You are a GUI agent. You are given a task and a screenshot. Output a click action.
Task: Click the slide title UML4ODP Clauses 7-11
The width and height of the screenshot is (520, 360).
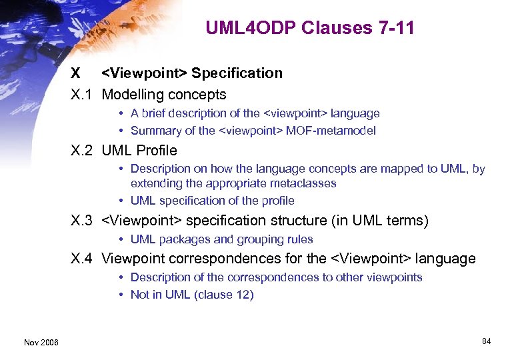coord(309,28)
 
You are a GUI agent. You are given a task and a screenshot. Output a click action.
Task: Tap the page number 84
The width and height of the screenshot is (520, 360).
coord(486,341)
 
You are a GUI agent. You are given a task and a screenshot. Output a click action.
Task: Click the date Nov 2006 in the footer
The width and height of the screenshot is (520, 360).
coord(41,342)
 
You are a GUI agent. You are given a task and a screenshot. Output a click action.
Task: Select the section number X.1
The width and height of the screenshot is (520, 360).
coord(83,95)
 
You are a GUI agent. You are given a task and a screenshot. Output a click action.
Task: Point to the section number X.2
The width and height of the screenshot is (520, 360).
coord(83,151)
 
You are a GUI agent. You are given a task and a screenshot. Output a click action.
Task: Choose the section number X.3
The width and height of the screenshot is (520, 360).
coord(83,221)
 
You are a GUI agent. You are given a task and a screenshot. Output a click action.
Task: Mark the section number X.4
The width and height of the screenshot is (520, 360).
coord(83,259)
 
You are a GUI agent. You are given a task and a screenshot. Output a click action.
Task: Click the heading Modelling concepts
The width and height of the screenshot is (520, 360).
coord(164,95)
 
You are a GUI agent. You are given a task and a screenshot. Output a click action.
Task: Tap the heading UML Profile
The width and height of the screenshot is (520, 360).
coord(139,151)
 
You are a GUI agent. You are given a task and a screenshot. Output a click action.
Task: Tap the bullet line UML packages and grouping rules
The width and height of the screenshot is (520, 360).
coord(221,239)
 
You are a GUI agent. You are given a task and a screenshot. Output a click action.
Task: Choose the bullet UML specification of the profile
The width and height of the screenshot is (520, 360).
coord(212,201)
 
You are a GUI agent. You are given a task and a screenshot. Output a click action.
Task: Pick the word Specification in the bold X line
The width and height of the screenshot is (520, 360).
coord(237,73)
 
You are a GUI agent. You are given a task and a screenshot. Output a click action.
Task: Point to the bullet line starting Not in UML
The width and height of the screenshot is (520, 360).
coord(192,295)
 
